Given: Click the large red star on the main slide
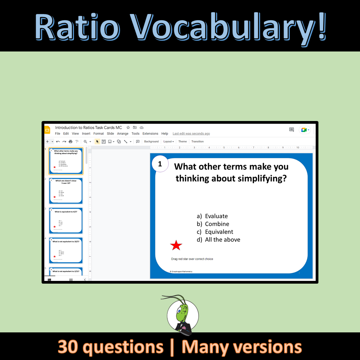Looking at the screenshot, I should click(176, 245).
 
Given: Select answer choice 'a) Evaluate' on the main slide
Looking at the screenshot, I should click(212, 216).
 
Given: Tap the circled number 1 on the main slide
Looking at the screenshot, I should click(160, 164).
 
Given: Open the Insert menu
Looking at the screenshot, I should click(86, 134).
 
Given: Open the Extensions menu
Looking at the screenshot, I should click(150, 134).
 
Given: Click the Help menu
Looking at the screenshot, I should click(165, 134).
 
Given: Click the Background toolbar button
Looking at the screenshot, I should click(151, 141).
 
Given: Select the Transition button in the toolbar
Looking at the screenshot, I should click(197, 141).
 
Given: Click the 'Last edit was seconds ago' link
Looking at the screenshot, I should click(191, 134).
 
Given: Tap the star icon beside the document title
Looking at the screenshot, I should click(128, 127).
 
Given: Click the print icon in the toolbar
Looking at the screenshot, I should click(71, 141).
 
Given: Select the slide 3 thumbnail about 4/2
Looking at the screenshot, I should click(66, 221).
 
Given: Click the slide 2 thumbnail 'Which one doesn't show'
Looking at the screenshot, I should click(66, 191).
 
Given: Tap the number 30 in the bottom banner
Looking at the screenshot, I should click(68, 347).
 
